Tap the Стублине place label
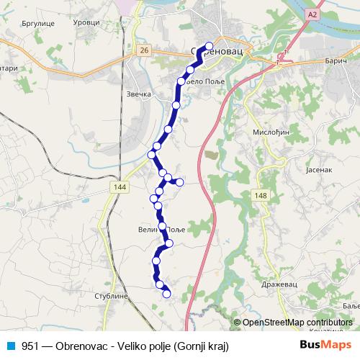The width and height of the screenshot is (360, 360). tap(111, 296)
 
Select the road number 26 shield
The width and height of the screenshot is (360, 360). tap(144, 50)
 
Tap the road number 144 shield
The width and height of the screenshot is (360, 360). tap(120, 186)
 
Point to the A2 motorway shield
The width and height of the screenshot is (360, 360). tap(311, 14)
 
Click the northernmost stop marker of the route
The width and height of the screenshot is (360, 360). tap(209, 48)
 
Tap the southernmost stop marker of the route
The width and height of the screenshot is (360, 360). tap(167, 293)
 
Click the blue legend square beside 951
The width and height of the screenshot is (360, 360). tap(9, 346)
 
